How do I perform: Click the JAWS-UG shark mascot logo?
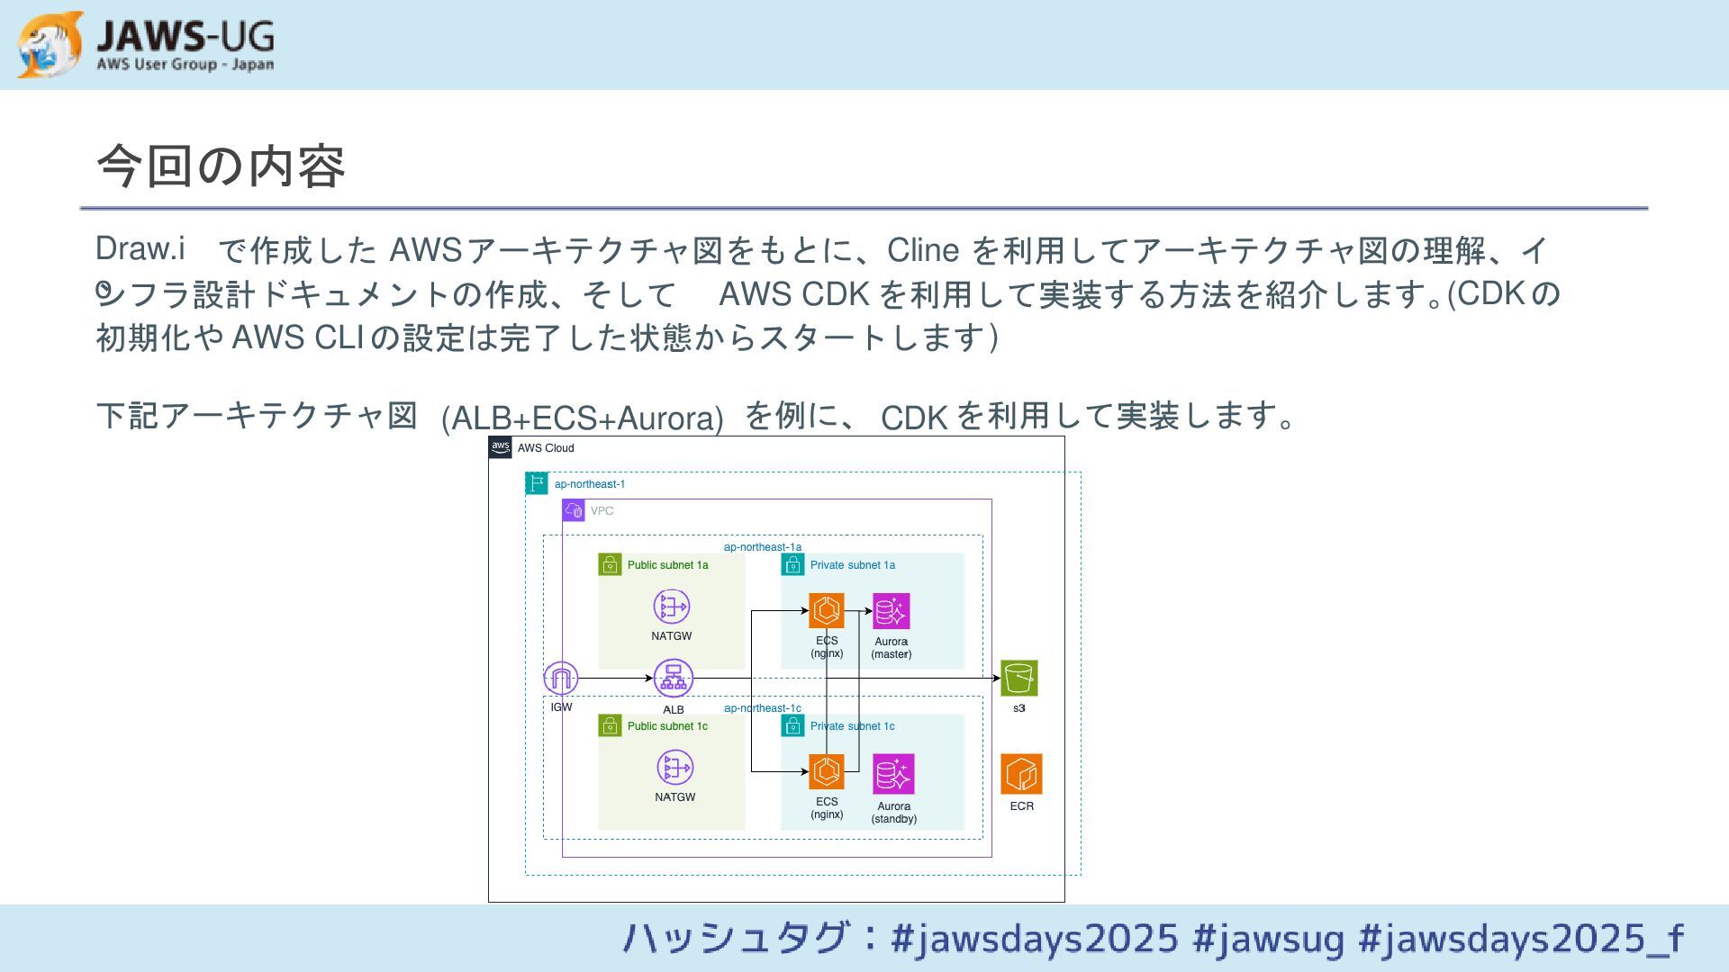(50, 44)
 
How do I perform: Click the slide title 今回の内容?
(221, 166)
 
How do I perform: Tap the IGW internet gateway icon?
(561, 678)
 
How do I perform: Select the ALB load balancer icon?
(673, 678)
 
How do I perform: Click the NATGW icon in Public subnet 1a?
(672, 607)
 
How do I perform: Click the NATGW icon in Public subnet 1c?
(674, 768)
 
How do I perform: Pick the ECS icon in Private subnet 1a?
(826, 610)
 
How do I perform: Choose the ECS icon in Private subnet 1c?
(826, 771)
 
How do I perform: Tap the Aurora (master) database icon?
(891, 611)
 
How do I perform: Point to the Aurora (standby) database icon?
(893, 773)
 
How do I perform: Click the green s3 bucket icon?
(1018, 678)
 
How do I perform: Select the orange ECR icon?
(1021, 774)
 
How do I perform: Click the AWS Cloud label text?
(546, 448)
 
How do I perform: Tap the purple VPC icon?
(574, 511)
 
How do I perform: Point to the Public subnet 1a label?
(667, 565)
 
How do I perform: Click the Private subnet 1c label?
(852, 726)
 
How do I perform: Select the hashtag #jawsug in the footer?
(1268, 938)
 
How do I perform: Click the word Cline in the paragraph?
(922, 250)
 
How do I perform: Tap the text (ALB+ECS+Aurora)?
(582, 418)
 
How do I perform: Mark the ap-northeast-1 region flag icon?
(537, 483)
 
